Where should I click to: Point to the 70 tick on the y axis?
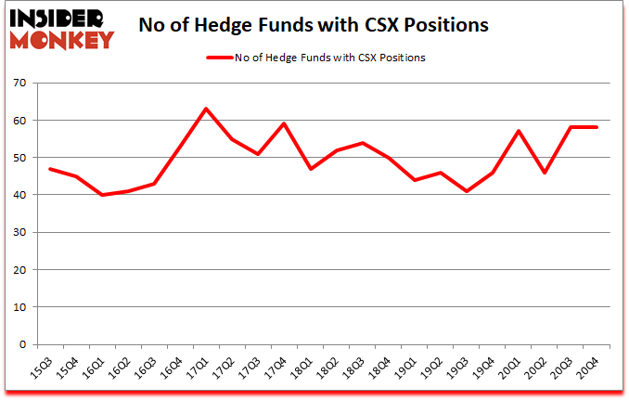tap(19, 84)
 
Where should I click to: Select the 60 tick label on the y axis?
tap(19, 121)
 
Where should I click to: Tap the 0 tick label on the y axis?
tap(22, 344)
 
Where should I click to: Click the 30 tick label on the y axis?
tap(19, 233)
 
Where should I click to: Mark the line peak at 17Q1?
tap(205, 109)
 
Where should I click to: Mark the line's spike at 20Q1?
tap(518, 131)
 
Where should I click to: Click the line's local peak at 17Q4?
tap(283, 123)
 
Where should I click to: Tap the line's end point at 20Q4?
tap(596, 127)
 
